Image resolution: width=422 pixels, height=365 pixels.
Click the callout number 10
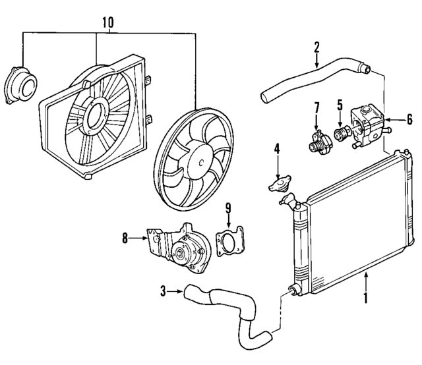[x=108, y=23]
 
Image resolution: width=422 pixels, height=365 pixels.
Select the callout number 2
[x=316, y=47]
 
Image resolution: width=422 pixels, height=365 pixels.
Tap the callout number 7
[x=316, y=107]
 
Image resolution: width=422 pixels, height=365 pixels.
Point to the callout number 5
[x=340, y=104]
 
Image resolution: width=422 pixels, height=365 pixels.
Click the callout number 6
[x=409, y=120]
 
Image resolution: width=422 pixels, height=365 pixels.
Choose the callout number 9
[x=229, y=210]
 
